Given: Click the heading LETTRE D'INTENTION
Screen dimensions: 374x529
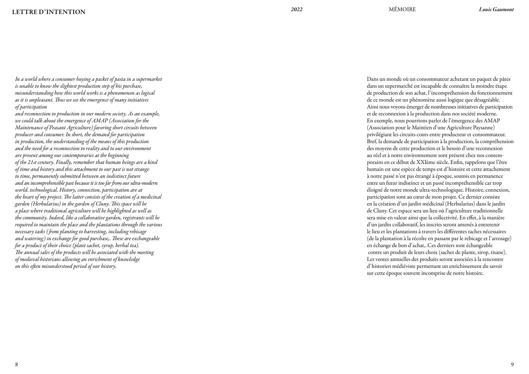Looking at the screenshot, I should pyautogui.click(x=49, y=12).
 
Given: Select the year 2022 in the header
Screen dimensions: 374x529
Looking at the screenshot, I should pyautogui.click(x=297, y=10).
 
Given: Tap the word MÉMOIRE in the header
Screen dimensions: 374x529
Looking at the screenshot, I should pyautogui.click(x=402, y=10).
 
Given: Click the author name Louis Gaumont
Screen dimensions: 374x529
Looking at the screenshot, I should pyautogui.click(x=496, y=10).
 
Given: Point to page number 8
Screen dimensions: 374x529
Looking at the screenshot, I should pyautogui.click(x=17, y=364).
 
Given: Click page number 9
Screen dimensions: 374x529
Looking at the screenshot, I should pyautogui.click(x=512, y=364).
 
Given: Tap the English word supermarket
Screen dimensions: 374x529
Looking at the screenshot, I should pyautogui.click(x=148, y=79).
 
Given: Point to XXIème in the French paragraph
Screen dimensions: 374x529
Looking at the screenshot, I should pyautogui.click(x=424, y=163).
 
